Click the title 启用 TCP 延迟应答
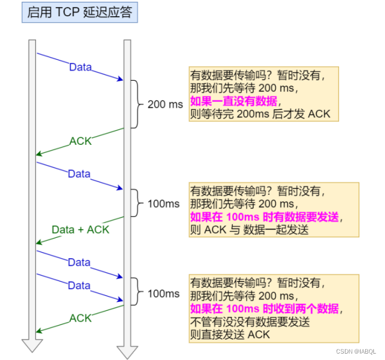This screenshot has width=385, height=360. point(80,12)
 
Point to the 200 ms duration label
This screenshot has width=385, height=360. point(165,105)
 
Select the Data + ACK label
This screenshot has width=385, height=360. point(80,229)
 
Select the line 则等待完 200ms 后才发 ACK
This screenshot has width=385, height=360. point(260,114)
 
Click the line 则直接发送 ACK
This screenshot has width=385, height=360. point(230,334)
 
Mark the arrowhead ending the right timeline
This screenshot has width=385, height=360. point(127,351)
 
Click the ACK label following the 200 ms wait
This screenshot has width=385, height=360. point(80,141)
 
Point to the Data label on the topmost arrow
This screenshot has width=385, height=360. point(80,67)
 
